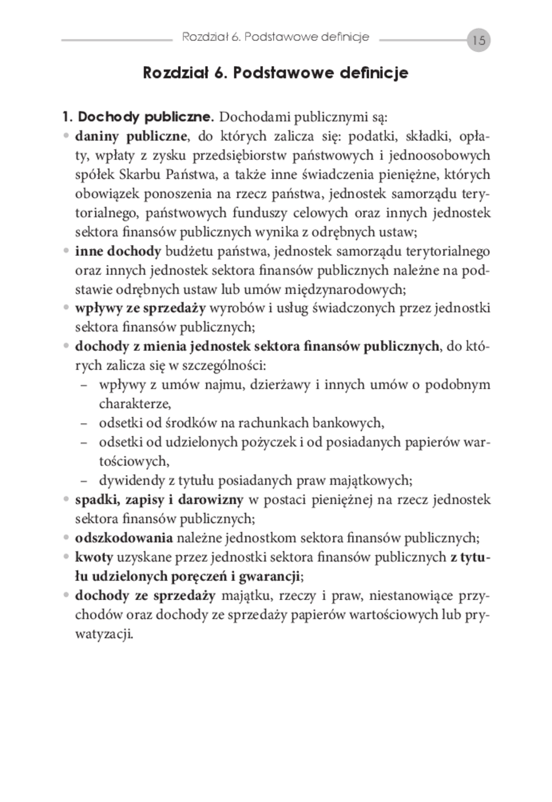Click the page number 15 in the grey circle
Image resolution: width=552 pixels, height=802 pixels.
coord(479,41)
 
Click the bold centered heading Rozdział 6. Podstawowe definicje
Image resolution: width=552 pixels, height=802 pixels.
coord(275,73)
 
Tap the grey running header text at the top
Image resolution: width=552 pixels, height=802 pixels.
coord(275,37)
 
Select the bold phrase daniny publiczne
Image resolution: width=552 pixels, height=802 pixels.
coord(131,136)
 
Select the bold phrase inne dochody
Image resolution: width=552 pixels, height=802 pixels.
coord(118,251)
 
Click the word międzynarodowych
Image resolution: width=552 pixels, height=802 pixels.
coord(345,289)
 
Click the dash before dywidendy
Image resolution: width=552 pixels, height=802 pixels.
coord(84,481)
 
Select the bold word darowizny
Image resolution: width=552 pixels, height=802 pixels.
coord(211,500)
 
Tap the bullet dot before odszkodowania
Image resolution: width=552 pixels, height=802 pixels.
coord(66,538)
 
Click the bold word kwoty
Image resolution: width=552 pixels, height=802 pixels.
coord(94,557)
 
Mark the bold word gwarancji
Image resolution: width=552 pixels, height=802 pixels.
coord(270,576)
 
